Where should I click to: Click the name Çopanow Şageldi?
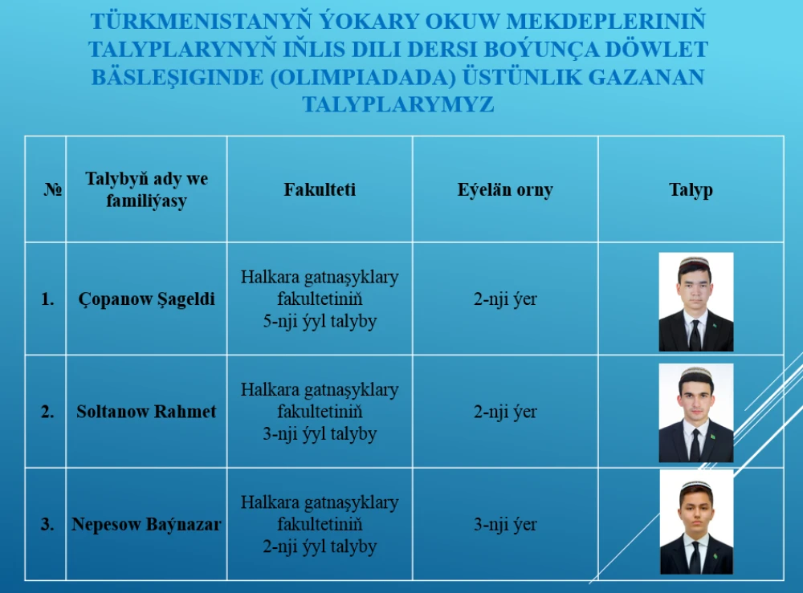point(146,299)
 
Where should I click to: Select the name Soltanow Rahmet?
point(146,412)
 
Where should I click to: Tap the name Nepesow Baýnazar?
point(146,524)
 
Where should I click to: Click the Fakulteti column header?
point(320,189)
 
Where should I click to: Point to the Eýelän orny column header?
point(505,190)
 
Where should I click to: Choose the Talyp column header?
point(691,190)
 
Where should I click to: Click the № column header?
point(53,189)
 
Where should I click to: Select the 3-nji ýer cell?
point(505,525)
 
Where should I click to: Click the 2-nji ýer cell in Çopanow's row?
point(505,299)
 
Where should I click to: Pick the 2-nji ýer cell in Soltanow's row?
point(505,412)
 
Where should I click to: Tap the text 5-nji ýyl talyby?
point(320,321)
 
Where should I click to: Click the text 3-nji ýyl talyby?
point(320,434)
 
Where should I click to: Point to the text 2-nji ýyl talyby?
point(320,546)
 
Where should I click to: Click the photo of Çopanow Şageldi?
point(696,302)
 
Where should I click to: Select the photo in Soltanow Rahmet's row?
point(696,413)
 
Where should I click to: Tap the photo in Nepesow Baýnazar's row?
point(696,522)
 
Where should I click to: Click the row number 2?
point(47,412)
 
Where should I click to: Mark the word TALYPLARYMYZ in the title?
point(398,104)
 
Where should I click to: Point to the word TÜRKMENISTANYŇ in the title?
point(201,22)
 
